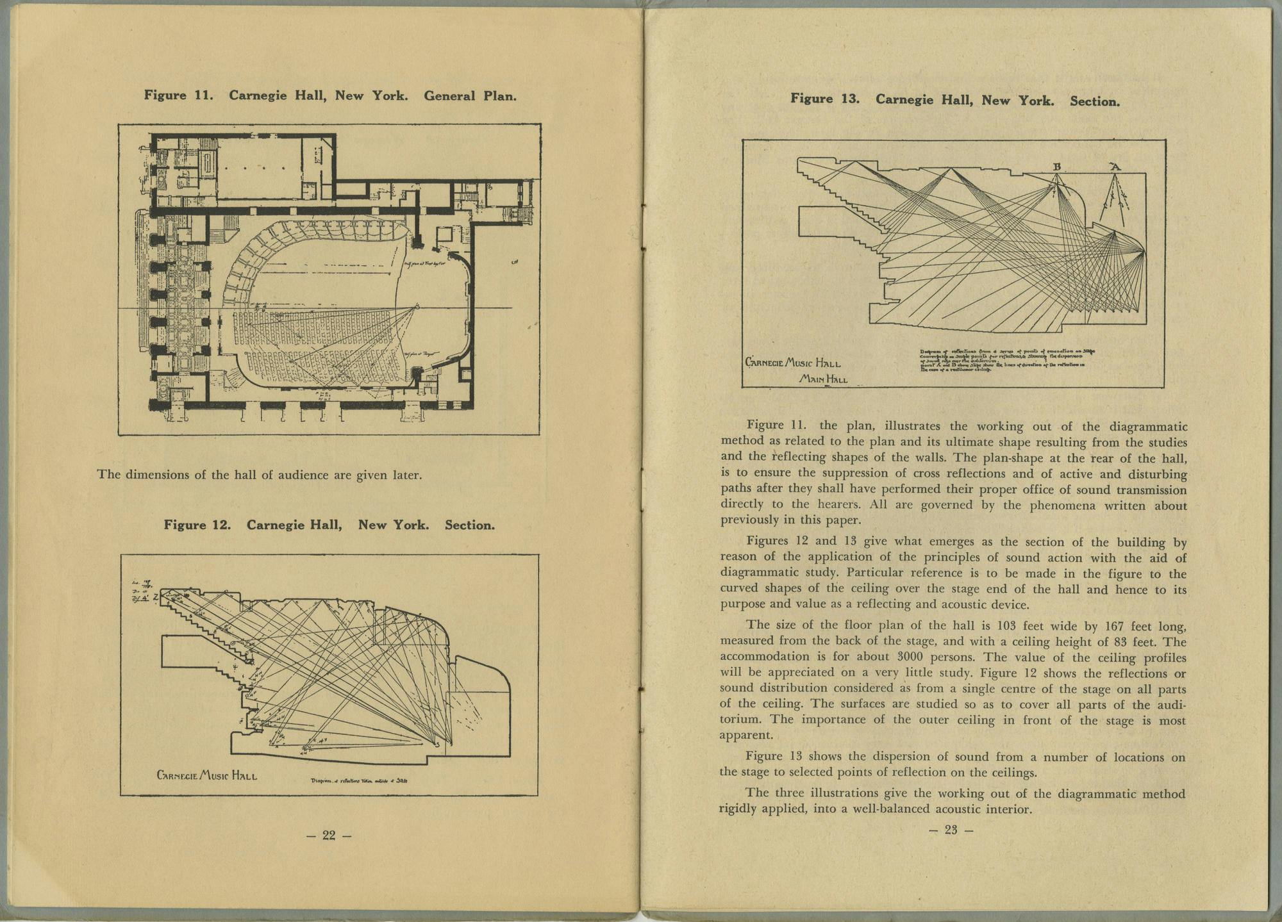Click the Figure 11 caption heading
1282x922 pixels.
tap(330, 96)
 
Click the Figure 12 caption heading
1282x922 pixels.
tap(329, 525)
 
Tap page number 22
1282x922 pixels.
tap(329, 835)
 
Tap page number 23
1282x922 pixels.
tap(951, 830)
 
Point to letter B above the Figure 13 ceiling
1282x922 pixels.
tap(1058, 167)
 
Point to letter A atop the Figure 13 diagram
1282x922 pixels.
tap(1115, 167)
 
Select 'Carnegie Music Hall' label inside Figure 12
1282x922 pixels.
tap(207, 776)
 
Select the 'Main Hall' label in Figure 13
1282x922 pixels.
tap(823, 379)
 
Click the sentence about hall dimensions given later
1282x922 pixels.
tap(259, 475)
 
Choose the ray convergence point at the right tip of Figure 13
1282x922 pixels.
tap(1144, 252)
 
